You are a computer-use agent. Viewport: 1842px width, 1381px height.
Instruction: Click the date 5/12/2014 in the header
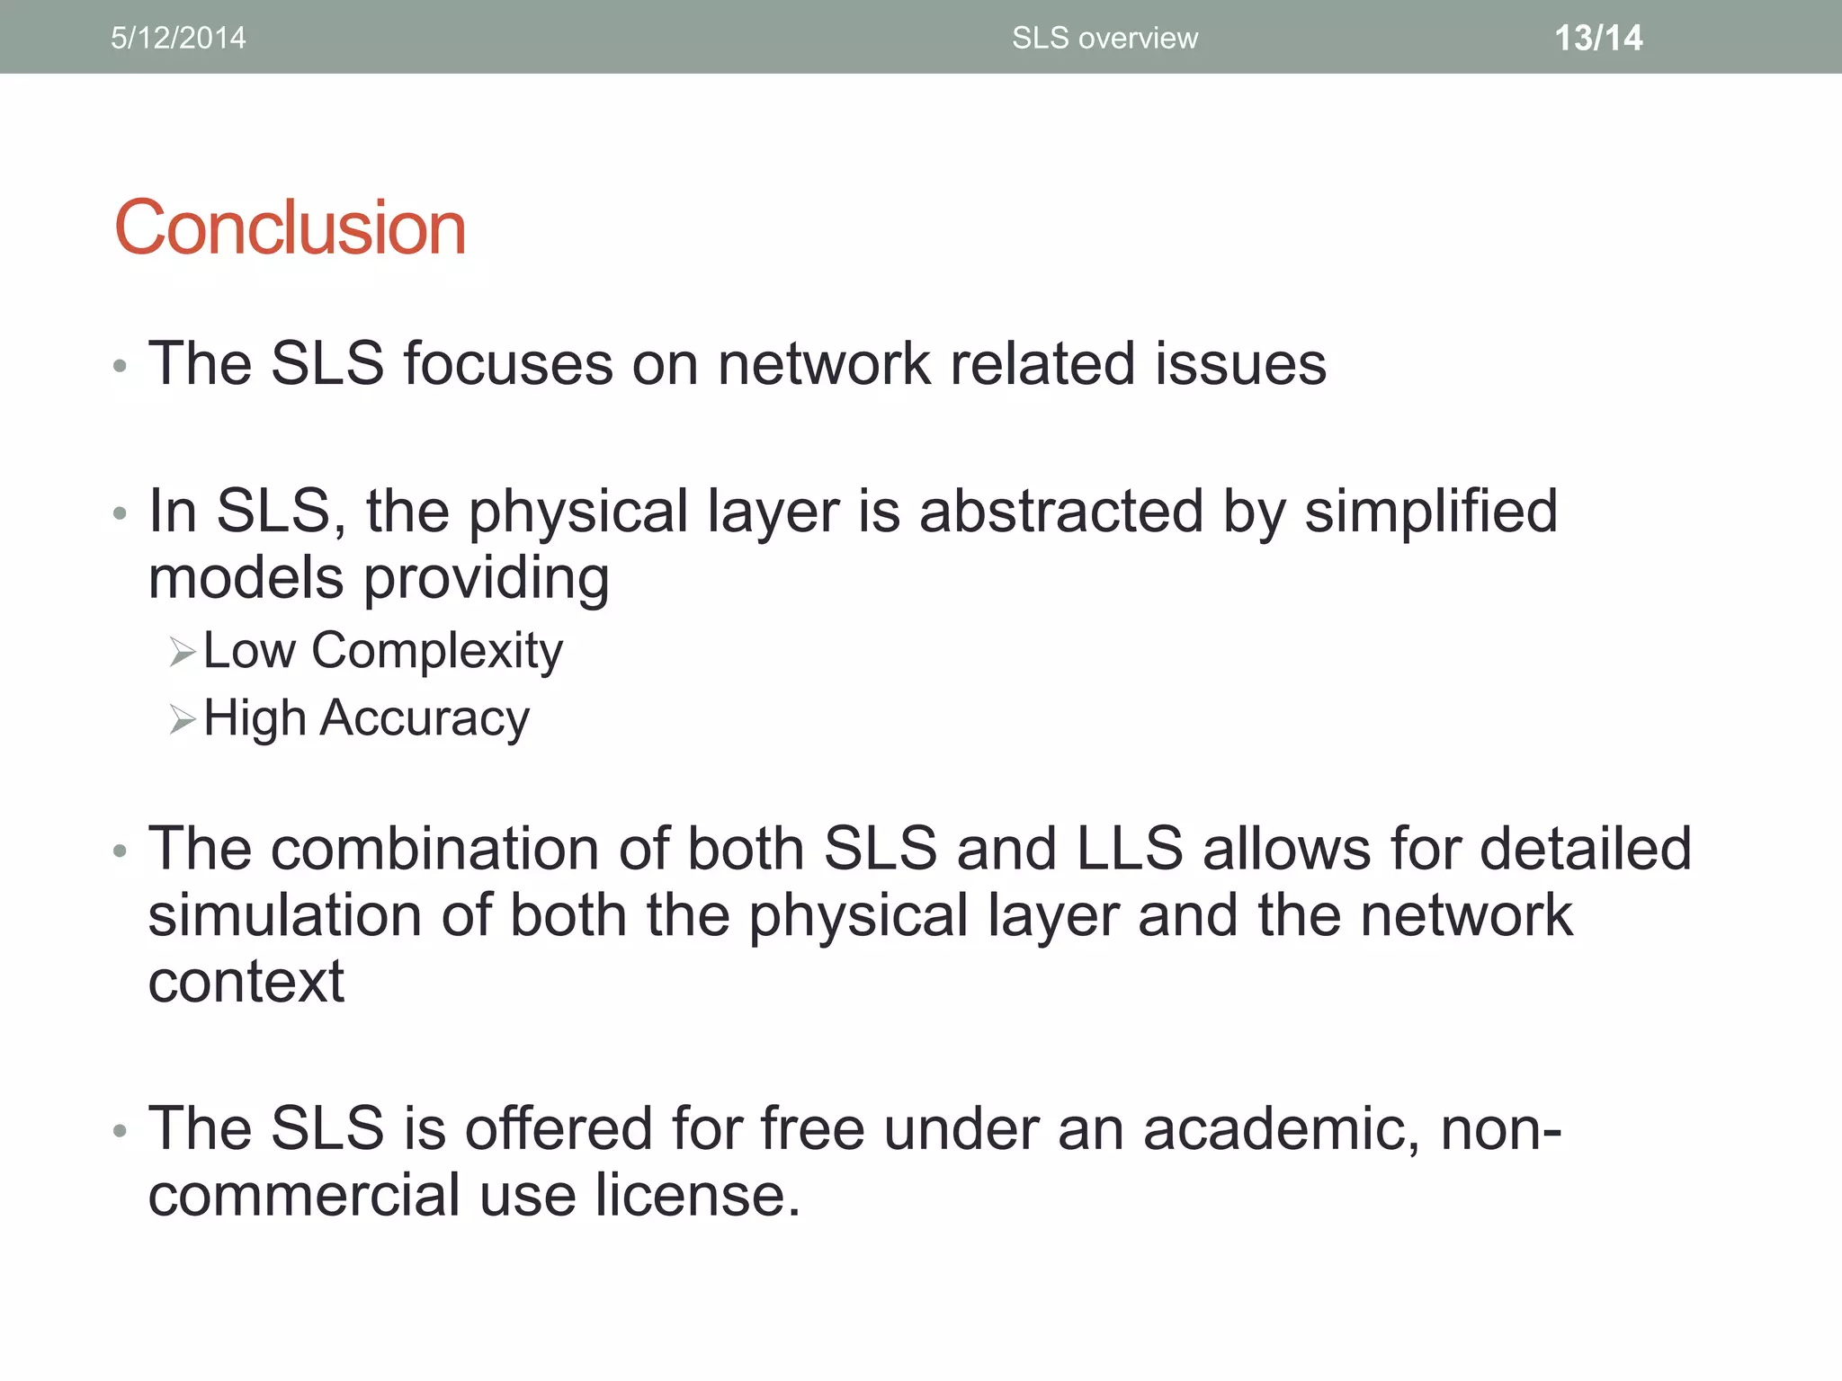[178, 38]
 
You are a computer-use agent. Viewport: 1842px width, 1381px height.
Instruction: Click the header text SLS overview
[1104, 38]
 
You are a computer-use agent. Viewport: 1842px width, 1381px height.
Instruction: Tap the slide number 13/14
[1598, 38]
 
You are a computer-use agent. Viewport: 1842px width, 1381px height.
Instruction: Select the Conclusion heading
[290, 227]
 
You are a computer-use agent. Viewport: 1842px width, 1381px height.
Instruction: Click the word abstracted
[1060, 512]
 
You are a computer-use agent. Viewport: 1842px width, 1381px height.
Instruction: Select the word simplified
[1431, 512]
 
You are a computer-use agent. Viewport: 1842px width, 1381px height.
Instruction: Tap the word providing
[487, 578]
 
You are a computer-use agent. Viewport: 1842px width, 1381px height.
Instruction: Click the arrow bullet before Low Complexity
[183, 652]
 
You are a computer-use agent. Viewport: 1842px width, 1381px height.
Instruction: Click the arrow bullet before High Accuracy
[183, 719]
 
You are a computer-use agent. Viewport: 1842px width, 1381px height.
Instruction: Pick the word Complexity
[437, 651]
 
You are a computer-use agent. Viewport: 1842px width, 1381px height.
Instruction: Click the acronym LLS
[1130, 849]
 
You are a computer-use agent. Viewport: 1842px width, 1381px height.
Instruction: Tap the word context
[246, 981]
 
